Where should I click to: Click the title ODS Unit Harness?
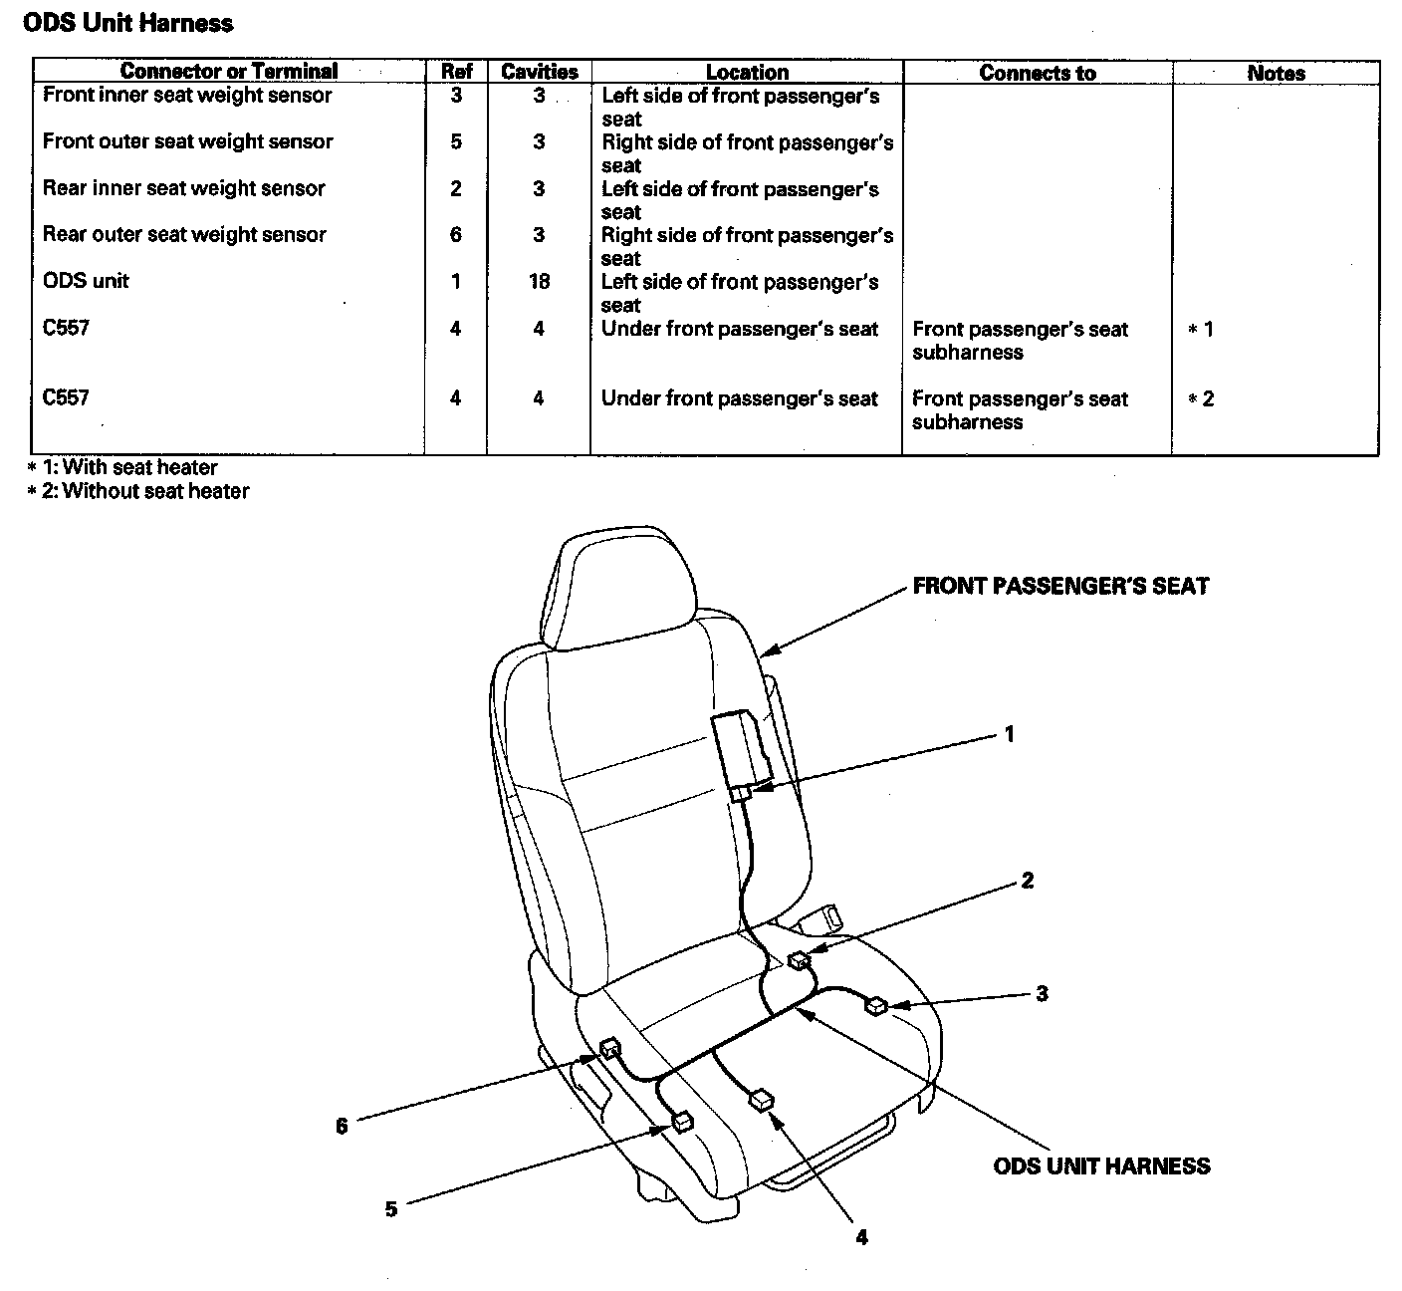pos(128,23)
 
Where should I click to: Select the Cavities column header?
pos(539,72)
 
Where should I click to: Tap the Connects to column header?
pos(1037,73)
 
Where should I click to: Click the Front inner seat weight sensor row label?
pos(187,96)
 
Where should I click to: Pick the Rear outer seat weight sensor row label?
pos(184,235)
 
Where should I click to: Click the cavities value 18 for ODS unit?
pos(539,282)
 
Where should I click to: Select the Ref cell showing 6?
pos(455,235)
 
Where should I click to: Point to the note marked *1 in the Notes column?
pos(1201,330)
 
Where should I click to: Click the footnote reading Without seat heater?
pos(138,491)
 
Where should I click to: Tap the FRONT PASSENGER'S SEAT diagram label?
pos(1060,586)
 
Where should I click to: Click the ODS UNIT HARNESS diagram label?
pos(1101,1166)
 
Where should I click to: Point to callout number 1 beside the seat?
pos(1009,734)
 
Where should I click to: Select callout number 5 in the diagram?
pos(391,1209)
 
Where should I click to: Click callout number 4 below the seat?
pos(861,1237)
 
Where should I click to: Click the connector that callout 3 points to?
pos(876,1005)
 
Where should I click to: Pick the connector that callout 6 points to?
pos(610,1047)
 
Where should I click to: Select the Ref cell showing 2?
pos(455,189)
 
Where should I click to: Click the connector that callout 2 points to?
pos(799,960)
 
